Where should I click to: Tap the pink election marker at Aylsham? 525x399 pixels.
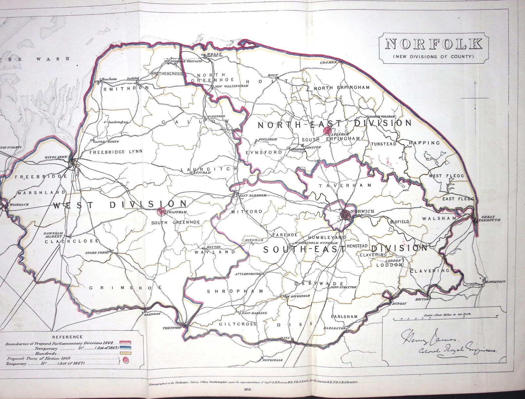(327, 131)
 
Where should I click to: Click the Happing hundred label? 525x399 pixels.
(424, 143)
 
